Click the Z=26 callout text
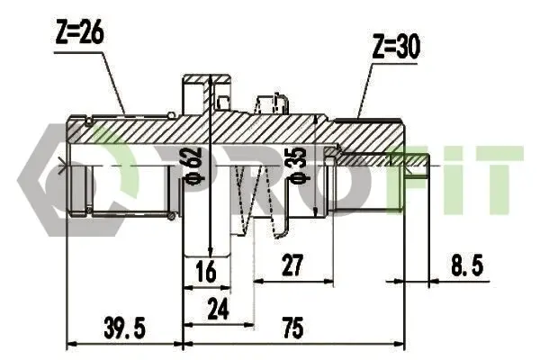79,34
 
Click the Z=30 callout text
396,47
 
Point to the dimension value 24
218,309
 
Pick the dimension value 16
206,271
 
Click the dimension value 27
292,265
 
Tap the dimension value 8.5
467,265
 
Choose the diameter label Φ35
298,164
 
